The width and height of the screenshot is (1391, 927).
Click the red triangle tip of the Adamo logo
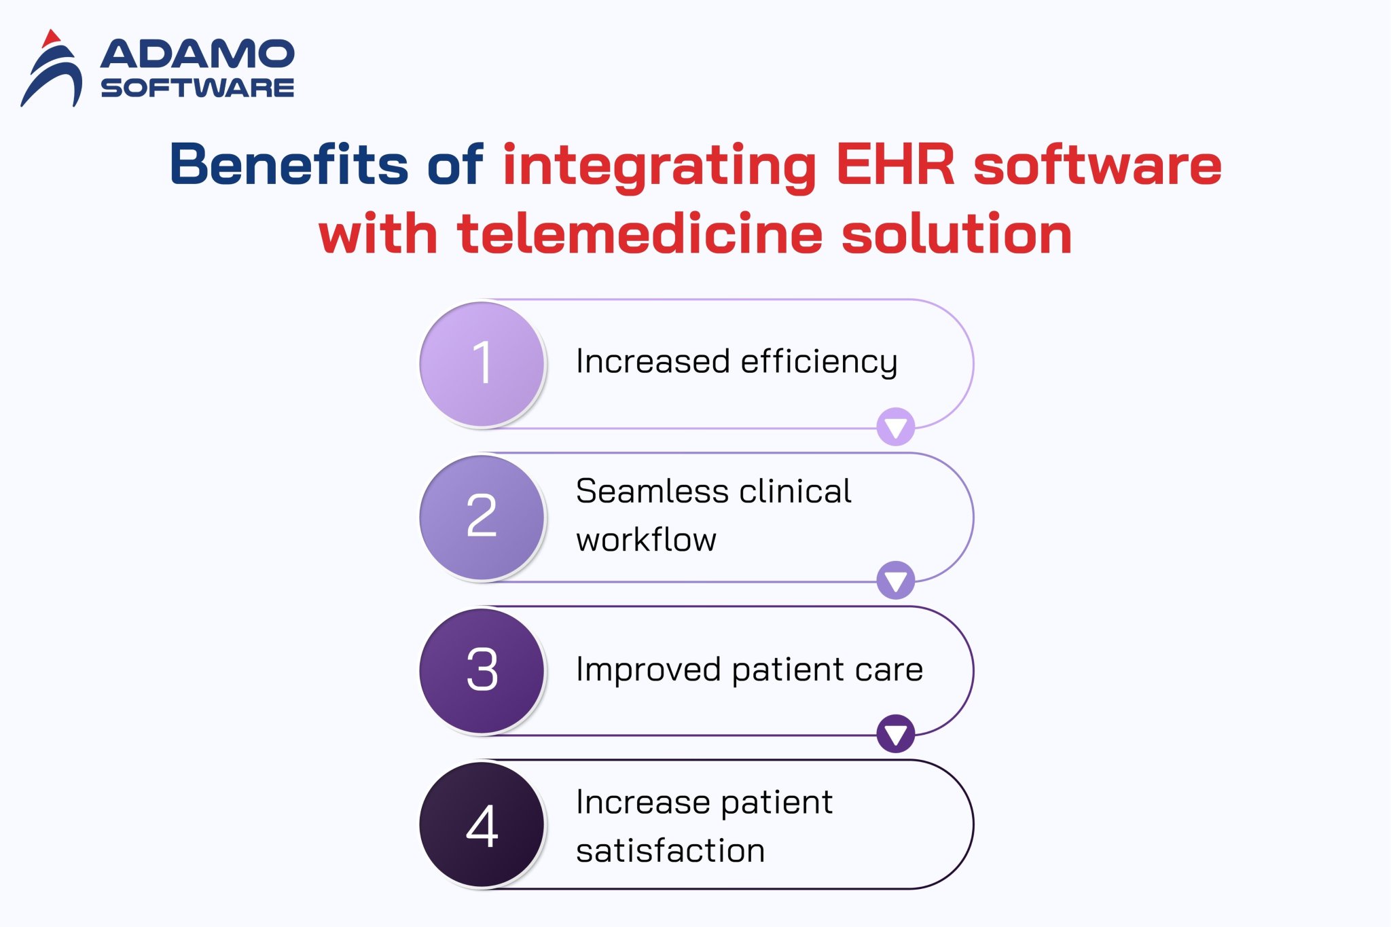[51, 39]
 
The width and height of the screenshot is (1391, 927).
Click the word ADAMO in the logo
[198, 54]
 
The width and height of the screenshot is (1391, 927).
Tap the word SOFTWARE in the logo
[198, 88]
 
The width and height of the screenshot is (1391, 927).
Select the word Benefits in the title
[289, 164]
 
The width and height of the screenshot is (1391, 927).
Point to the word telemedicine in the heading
[640, 234]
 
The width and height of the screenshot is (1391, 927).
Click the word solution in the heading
[956, 234]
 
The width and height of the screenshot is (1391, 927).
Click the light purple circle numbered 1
[482, 364]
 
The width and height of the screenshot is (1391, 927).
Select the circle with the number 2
[482, 517]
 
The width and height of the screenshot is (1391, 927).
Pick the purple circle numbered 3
[482, 670]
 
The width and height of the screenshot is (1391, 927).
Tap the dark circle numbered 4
[482, 824]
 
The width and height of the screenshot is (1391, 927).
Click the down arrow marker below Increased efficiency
[895, 427]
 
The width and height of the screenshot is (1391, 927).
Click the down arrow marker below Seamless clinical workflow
[895, 581]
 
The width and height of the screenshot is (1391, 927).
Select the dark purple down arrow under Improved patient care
[895, 733]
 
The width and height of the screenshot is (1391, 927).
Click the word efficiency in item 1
[818, 362]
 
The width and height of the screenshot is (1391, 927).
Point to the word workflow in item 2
[646, 540]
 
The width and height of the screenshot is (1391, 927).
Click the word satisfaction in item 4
[670, 851]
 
